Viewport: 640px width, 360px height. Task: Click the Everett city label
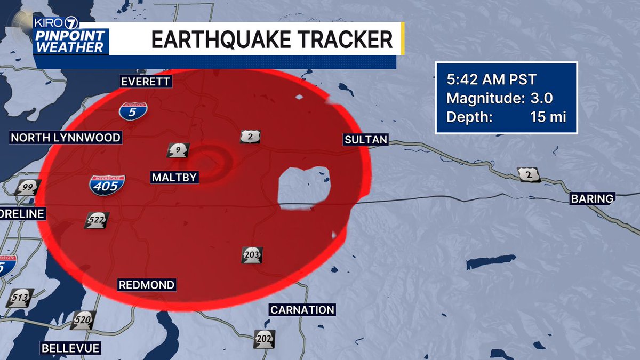pos(145,82)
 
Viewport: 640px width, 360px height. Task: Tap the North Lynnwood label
pos(66,138)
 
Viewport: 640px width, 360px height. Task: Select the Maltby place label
pos(174,177)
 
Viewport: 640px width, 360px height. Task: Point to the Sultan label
pos(365,140)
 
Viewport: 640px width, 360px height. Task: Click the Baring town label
pos(592,198)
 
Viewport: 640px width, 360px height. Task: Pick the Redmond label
pos(146,285)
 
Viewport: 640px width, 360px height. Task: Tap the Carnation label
pos(302,309)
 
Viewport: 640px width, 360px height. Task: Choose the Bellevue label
pos(70,348)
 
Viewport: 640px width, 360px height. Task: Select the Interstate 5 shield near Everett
pos(133,111)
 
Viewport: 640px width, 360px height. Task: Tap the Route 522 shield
pos(97,220)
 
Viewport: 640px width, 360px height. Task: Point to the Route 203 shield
pos(252,255)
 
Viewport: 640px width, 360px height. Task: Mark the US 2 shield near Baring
pos(529,175)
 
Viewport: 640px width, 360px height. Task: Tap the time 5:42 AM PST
pos(491,80)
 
